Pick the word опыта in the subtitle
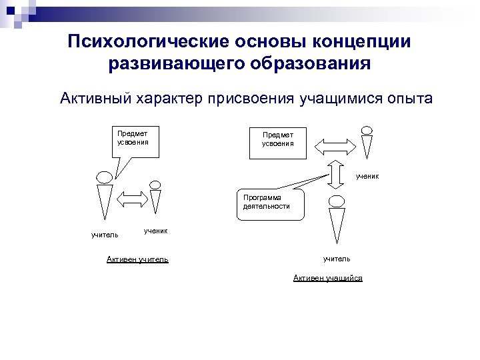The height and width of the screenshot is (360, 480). click(x=408, y=99)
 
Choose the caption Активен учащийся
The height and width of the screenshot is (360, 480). click(x=328, y=278)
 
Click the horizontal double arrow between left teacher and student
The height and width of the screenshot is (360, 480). click(x=132, y=197)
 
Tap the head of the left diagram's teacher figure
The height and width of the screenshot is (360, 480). click(x=105, y=177)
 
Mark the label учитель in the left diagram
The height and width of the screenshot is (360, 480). click(x=105, y=235)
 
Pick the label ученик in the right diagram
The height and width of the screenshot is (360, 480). click(x=367, y=176)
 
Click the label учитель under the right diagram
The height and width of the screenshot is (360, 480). click(x=337, y=258)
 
